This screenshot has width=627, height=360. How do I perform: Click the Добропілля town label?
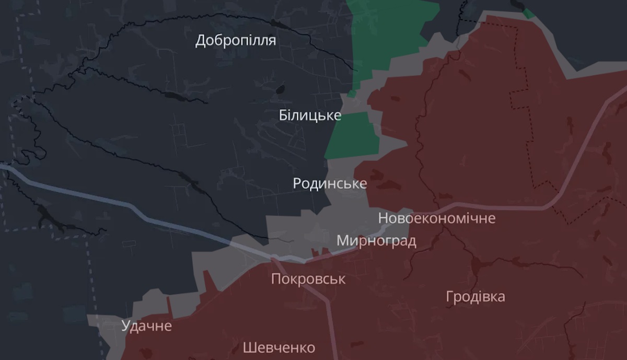pos(236,40)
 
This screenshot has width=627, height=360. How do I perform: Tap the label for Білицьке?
pos(310,115)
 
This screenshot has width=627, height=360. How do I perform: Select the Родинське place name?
pos(330,183)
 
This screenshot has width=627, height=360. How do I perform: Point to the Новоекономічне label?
pos(436,218)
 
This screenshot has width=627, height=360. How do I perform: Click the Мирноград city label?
pos(376,241)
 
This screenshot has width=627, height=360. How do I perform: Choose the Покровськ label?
pos(308,279)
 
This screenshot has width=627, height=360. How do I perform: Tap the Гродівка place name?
pos(475,297)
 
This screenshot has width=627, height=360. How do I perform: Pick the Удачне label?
pos(146,326)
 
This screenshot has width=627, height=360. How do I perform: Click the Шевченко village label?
pos(279,347)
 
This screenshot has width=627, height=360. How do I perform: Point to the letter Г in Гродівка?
pos(450,297)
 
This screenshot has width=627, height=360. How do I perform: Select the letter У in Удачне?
pos(125,326)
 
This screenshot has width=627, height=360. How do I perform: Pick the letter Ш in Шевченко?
pos(249,347)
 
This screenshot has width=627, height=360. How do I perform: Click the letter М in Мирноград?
pos(343,241)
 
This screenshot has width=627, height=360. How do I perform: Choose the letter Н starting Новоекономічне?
pos(382,218)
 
